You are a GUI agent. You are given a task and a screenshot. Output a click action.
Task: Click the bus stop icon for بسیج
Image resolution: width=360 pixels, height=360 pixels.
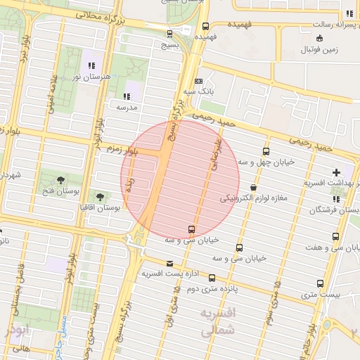(169, 33)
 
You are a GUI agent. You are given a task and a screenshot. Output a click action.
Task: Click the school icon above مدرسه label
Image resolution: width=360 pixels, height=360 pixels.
(127, 96)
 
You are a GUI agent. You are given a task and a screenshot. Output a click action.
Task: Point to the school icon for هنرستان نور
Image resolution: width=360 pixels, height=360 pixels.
(91, 65)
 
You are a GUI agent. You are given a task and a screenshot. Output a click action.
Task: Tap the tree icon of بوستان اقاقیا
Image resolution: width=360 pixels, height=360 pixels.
(99, 197)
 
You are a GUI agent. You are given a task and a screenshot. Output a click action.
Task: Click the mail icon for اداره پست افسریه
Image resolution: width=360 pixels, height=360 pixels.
(167, 263)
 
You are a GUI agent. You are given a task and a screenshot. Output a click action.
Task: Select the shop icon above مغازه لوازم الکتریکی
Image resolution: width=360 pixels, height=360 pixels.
(252, 188)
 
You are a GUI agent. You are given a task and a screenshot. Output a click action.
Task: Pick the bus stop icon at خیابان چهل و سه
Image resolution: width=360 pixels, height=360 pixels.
(266, 151)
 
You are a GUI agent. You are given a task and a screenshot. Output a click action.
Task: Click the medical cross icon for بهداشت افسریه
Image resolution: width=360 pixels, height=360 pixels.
(336, 172)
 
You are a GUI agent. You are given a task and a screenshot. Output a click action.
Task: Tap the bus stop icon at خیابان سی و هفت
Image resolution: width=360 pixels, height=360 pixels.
(335, 237)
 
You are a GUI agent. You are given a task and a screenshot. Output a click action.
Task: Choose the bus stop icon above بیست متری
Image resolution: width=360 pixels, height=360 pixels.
(320, 283)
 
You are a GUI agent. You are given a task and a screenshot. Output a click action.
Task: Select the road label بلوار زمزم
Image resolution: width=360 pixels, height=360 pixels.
(121, 150)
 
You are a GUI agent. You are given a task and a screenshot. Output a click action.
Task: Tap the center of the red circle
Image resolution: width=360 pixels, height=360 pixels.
(172, 179)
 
